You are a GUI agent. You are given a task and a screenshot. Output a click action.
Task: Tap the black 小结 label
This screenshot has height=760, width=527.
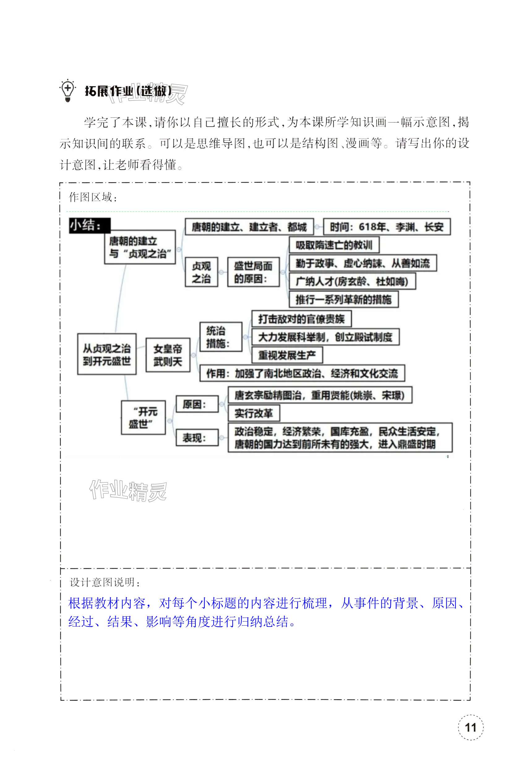[x=89, y=225]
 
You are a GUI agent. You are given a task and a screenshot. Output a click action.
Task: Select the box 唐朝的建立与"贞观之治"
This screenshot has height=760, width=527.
[x=140, y=247]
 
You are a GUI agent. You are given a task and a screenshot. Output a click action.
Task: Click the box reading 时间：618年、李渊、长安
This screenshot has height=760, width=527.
[x=386, y=227]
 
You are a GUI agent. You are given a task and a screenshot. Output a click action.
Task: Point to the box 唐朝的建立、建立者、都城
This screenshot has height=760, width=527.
[x=249, y=227]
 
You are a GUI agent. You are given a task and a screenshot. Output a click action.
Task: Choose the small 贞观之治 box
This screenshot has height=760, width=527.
[x=201, y=272]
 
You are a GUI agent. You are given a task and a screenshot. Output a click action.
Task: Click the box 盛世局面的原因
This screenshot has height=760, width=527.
[x=253, y=272]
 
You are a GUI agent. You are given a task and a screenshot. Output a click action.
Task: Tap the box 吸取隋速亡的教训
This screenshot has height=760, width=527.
[x=333, y=245]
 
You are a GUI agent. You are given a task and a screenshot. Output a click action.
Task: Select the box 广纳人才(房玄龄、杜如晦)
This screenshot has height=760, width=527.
[x=352, y=281]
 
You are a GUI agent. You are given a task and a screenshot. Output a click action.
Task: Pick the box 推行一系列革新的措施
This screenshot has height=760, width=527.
[x=343, y=299]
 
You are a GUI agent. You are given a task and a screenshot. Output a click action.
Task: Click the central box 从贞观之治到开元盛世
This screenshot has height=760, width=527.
[x=107, y=354]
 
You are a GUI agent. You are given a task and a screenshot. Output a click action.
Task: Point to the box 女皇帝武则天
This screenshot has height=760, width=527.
[x=168, y=355]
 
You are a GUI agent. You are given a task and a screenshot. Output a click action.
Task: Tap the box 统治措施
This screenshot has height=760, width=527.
[x=221, y=337]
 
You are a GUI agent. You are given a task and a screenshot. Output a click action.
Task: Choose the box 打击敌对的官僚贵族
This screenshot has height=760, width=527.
[x=301, y=319]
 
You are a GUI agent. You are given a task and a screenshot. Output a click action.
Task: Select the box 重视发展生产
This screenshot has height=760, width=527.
[x=287, y=355]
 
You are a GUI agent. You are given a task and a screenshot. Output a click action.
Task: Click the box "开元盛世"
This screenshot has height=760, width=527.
[x=143, y=417]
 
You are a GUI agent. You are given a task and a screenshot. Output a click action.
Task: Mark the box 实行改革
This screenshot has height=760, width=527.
[x=254, y=413]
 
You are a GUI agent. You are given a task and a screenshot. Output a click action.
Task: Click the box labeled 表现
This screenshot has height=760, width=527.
[x=197, y=437]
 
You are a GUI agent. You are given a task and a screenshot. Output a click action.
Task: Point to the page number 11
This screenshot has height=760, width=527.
[x=470, y=727]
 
